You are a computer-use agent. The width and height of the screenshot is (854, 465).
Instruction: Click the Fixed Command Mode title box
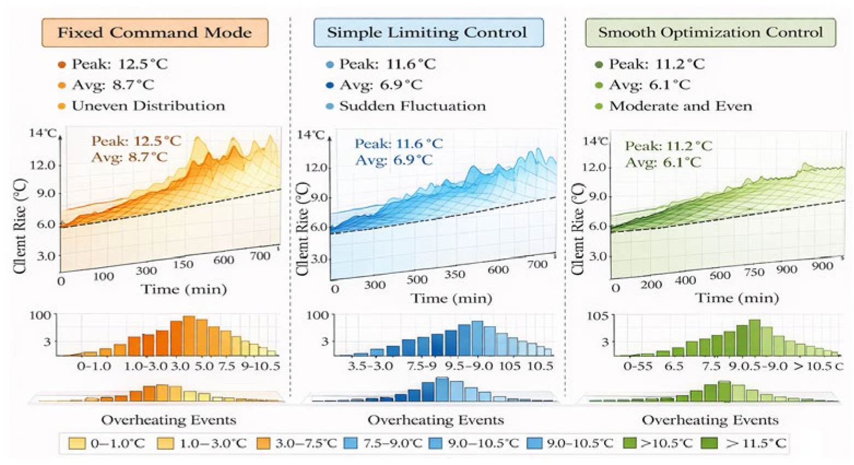click(x=155, y=33)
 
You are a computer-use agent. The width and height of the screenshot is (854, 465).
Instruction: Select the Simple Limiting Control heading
click(x=428, y=33)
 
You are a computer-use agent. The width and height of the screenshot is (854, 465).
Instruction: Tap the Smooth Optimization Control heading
click(x=710, y=33)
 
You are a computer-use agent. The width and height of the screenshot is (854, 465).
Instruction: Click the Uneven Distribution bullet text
click(x=148, y=106)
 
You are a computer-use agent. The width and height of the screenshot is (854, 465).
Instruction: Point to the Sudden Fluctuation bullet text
click(x=412, y=106)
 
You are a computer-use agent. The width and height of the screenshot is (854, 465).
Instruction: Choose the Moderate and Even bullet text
click(x=680, y=106)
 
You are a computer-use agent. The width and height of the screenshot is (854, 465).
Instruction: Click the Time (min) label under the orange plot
click(x=184, y=290)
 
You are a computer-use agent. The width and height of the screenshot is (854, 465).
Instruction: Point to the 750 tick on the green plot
click(x=753, y=273)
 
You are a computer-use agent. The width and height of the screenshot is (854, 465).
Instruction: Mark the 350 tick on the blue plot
click(x=455, y=274)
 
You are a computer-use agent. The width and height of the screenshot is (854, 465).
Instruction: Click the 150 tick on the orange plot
click(x=183, y=264)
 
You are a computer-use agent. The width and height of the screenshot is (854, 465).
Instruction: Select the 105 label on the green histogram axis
click(x=598, y=316)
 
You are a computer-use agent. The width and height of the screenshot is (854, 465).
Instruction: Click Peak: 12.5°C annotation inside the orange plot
click(x=136, y=141)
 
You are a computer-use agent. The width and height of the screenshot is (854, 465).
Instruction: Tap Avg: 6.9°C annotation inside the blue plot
click(x=394, y=161)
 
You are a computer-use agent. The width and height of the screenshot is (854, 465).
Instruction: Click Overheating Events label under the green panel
click(x=710, y=420)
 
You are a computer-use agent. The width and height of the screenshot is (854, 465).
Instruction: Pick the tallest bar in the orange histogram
click(x=189, y=335)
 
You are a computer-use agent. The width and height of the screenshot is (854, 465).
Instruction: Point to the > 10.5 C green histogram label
click(x=818, y=366)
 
